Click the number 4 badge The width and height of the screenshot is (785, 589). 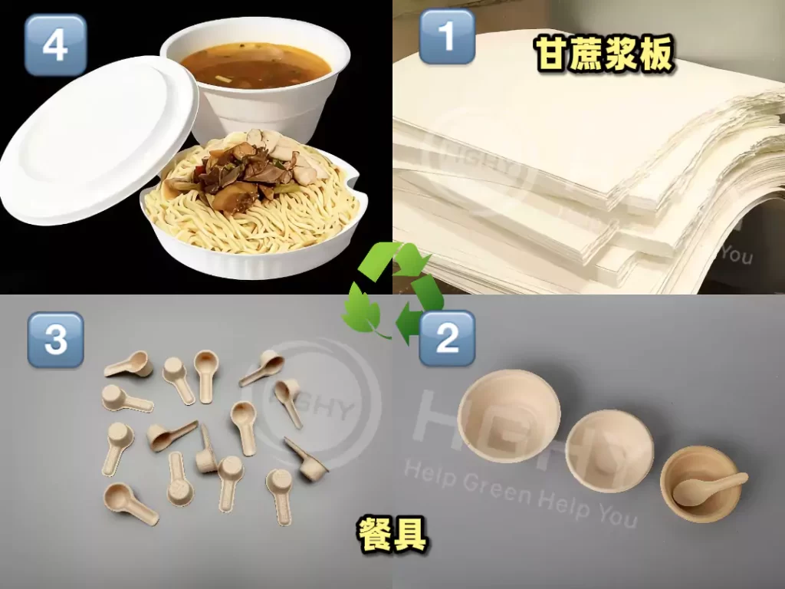click(x=55, y=44)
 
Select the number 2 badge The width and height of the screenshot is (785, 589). click(x=447, y=338)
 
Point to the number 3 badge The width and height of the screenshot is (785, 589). click(x=55, y=339)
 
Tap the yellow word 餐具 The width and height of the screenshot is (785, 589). click(x=392, y=533)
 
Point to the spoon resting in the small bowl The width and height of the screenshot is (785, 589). click(x=709, y=488)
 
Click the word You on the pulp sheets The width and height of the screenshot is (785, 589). click(x=736, y=254)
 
